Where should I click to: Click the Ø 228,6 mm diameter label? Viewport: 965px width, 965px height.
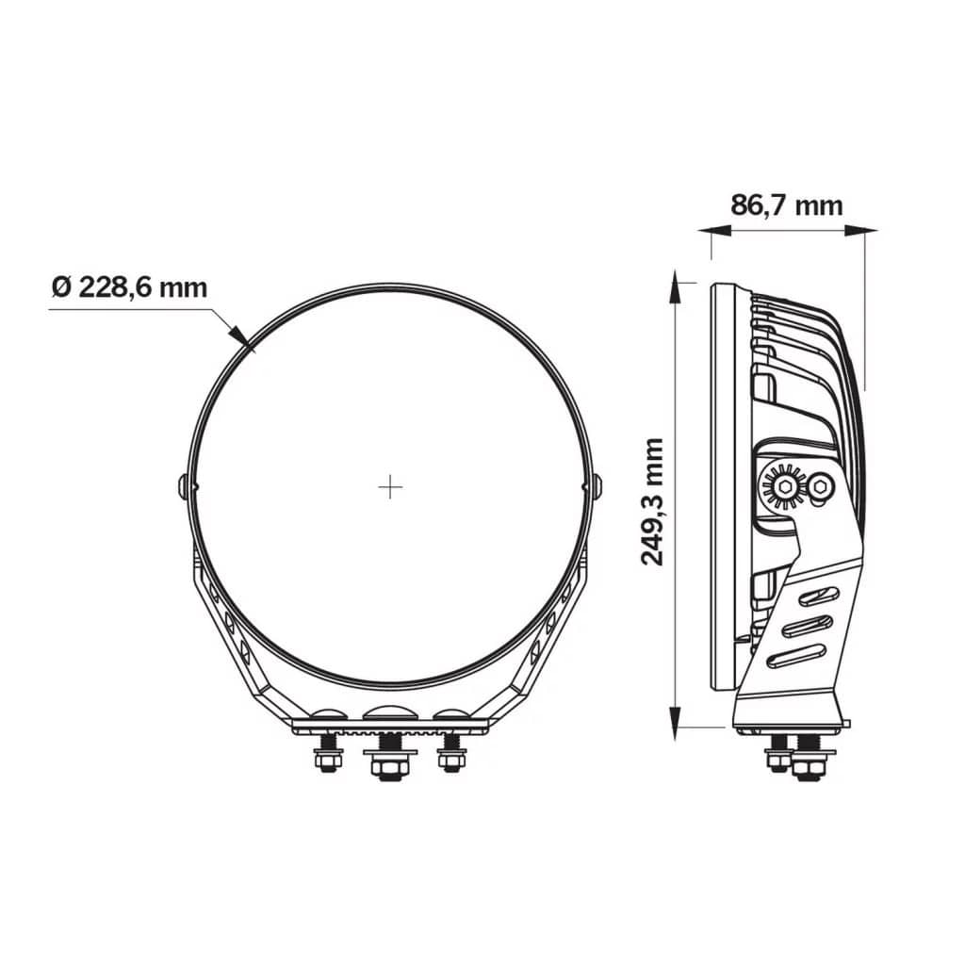coord(129,286)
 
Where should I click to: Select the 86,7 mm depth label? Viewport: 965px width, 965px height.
coord(787,204)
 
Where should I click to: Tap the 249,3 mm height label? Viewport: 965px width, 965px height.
coord(652,500)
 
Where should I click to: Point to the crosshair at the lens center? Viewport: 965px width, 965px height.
coord(390,487)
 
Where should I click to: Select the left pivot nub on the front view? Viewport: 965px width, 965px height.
coord(185,486)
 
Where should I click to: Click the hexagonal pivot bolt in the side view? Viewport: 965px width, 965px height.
coord(822,486)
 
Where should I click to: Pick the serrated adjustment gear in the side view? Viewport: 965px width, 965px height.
coord(783,487)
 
